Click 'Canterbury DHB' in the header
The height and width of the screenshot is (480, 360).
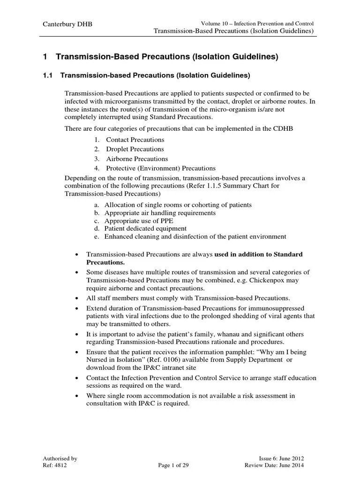tap(68, 24)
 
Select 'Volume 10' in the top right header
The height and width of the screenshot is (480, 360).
tap(214, 23)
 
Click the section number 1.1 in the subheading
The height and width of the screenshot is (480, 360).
tap(49, 75)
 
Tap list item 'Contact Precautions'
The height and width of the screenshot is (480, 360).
tap(135, 140)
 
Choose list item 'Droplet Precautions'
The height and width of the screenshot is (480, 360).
tap(135, 149)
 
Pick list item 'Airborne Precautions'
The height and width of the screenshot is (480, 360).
tap(137, 159)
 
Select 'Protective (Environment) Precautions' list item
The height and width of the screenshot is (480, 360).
tap(161, 168)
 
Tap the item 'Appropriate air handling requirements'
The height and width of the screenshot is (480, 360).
tap(160, 213)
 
